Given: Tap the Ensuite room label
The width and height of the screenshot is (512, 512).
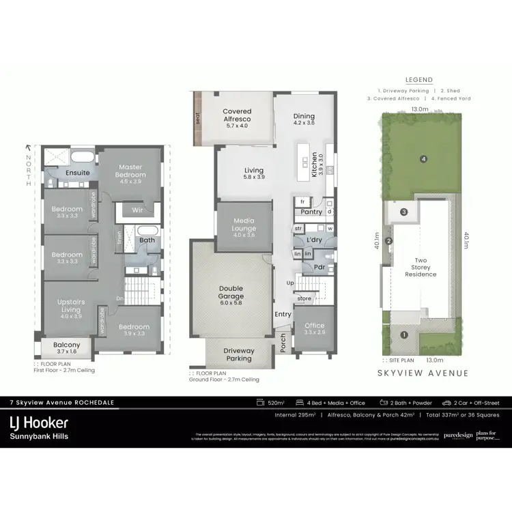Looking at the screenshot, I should [78, 173].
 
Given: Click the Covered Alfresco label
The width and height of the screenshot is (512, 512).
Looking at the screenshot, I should [237, 115].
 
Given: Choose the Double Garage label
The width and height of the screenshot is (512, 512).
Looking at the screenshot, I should [231, 292].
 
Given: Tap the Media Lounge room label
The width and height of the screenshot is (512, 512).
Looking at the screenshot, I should [244, 226].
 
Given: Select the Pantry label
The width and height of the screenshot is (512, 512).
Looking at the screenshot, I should [312, 212].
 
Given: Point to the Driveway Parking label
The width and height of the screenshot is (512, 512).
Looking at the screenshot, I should [239, 354].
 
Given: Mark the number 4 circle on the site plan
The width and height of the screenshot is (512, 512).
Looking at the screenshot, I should [424, 159].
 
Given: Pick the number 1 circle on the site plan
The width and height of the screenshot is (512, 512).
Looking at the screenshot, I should [404, 335].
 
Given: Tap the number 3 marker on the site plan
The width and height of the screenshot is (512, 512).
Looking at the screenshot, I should [404, 212].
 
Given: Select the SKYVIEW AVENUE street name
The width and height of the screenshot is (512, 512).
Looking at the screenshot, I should [423, 373].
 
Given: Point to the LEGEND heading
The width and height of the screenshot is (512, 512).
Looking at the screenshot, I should [419, 81].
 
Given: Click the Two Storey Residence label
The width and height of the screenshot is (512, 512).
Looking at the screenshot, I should [421, 268].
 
